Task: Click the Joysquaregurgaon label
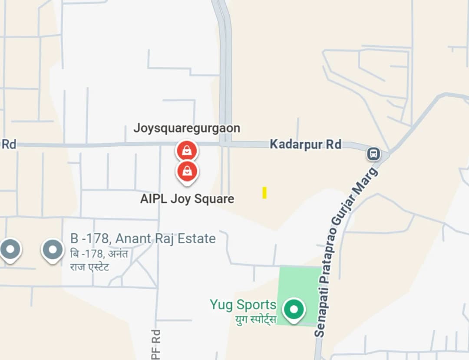tap(187, 128)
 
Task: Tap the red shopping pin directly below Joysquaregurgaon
tap(187, 151)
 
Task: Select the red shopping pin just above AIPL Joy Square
tap(187, 172)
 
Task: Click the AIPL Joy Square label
tap(187, 199)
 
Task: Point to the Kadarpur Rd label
tap(305, 144)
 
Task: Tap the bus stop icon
tap(373, 153)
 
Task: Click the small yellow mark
tap(264, 192)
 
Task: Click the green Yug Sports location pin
tap(294, 310)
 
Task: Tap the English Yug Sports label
tap(243, 304)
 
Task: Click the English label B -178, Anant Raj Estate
tap(143, 238)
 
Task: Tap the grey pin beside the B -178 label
tap(53, 250)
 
